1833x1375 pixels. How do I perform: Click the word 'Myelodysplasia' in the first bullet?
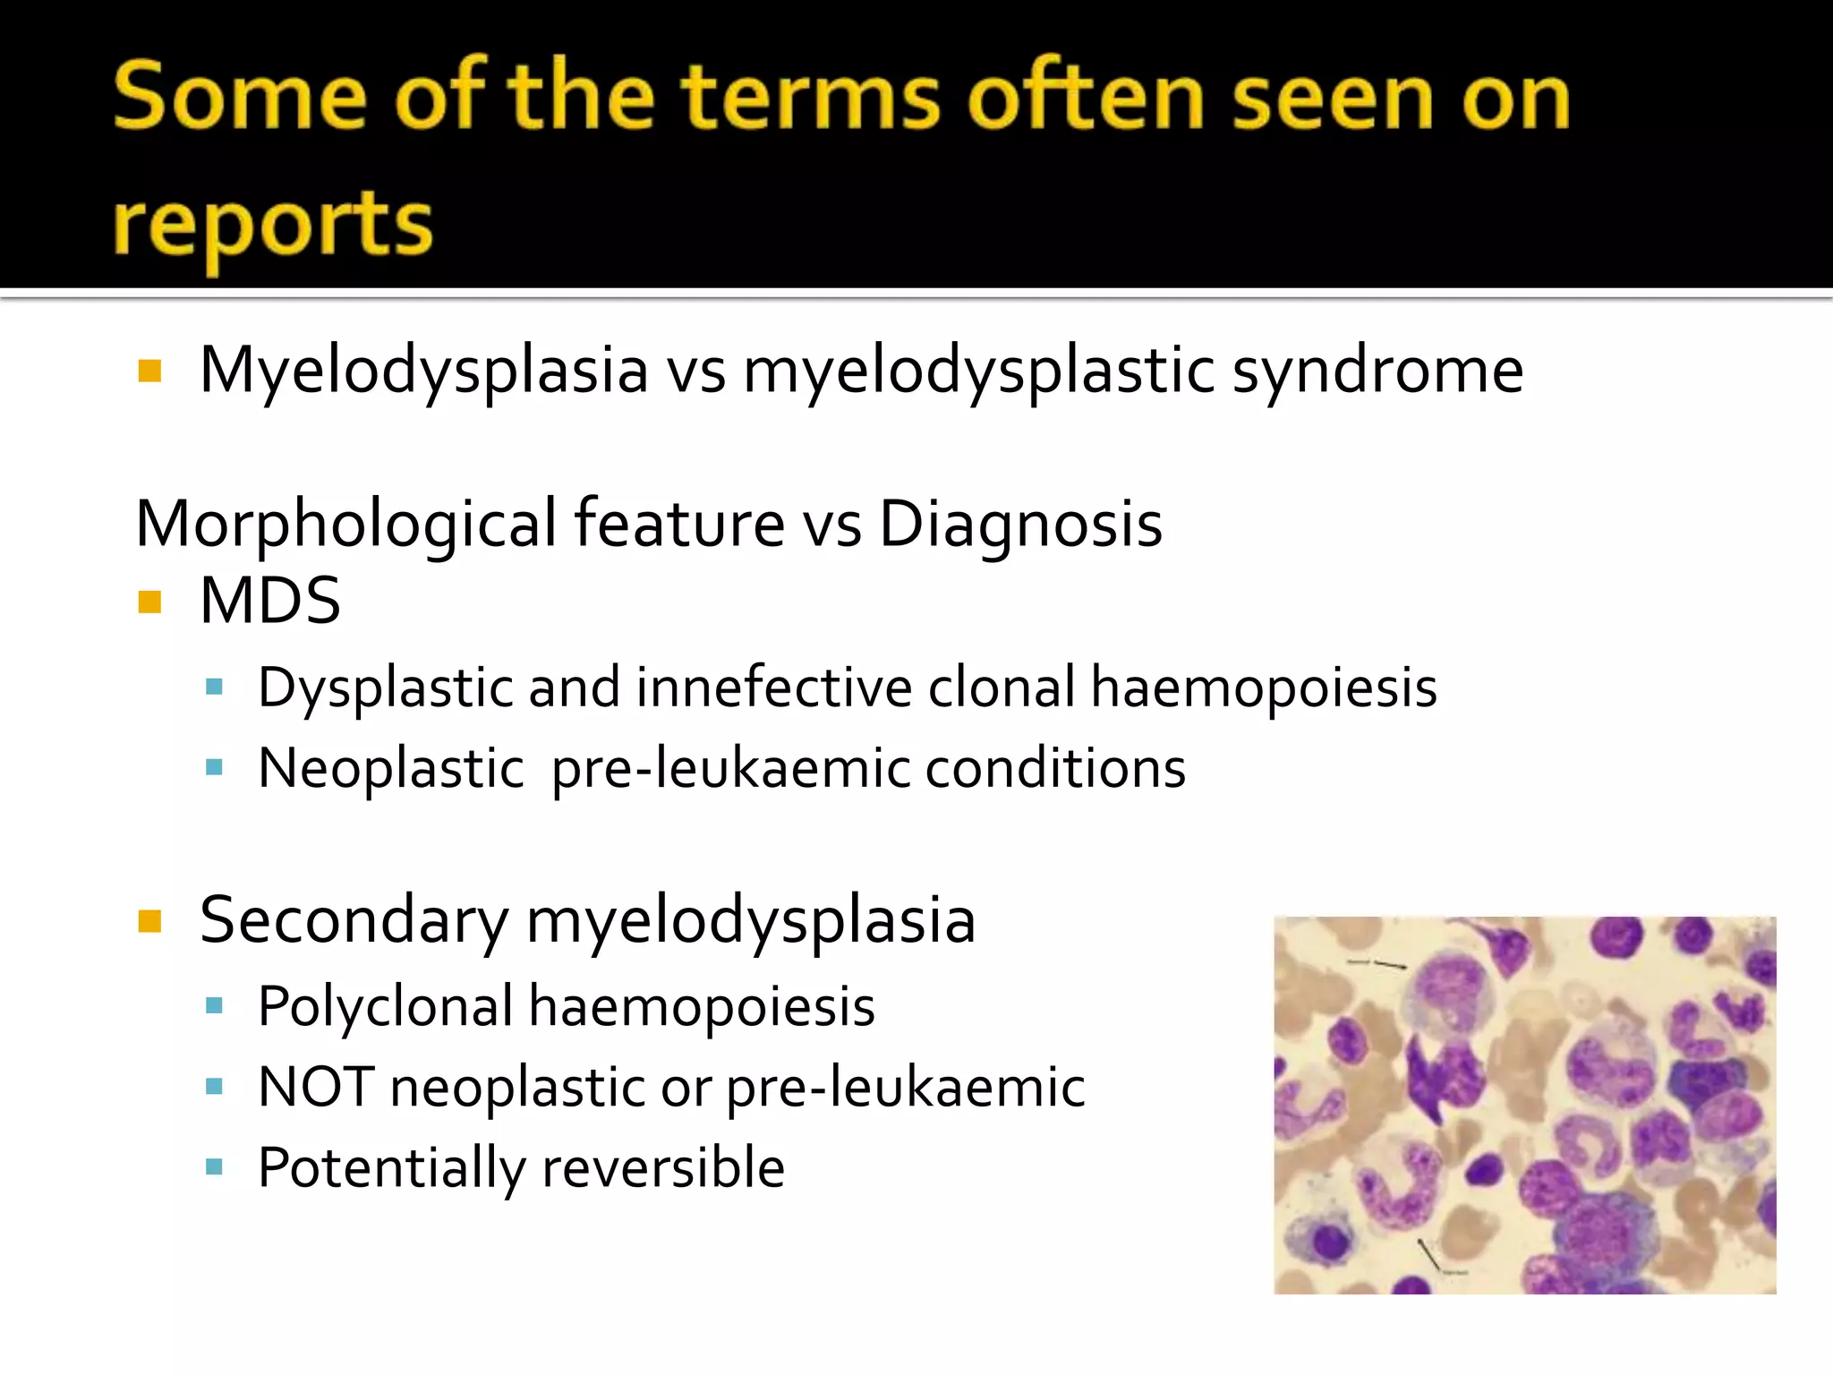click(x=423, y=372)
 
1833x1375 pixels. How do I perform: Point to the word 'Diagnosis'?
click(x=1020, y=524)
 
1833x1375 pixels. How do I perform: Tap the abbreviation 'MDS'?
click(x=269, y=601)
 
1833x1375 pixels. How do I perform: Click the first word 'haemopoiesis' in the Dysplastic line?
click(x=1264, y=689)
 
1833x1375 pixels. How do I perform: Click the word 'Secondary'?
click(x=354, y=921)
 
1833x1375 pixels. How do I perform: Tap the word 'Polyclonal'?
click(x=385, y=1006)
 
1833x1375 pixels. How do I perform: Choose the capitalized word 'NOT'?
click(x=315, y=1087)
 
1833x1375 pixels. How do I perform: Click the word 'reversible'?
click(x=663, y=1167)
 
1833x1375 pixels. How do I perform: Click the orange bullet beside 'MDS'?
click(x=149, y=602)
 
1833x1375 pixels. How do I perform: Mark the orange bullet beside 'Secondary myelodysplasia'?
click(x=149, y=921)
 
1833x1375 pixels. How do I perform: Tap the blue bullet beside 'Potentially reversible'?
click(x=213, y=1166)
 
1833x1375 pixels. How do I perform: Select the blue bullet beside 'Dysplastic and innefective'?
click(x=213, y=687)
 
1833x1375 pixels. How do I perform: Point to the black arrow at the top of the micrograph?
click(x=1383, y=964)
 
